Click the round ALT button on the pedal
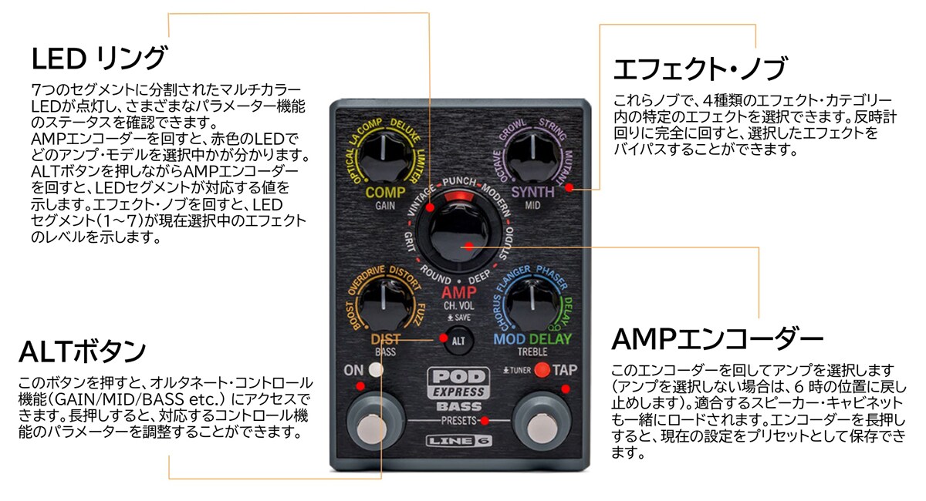click(457, 340)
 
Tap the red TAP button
click(542, 370)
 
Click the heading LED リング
click(98, 58)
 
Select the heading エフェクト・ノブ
click(699, 69)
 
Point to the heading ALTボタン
click(82, 352)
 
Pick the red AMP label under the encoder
click(459, 293)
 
